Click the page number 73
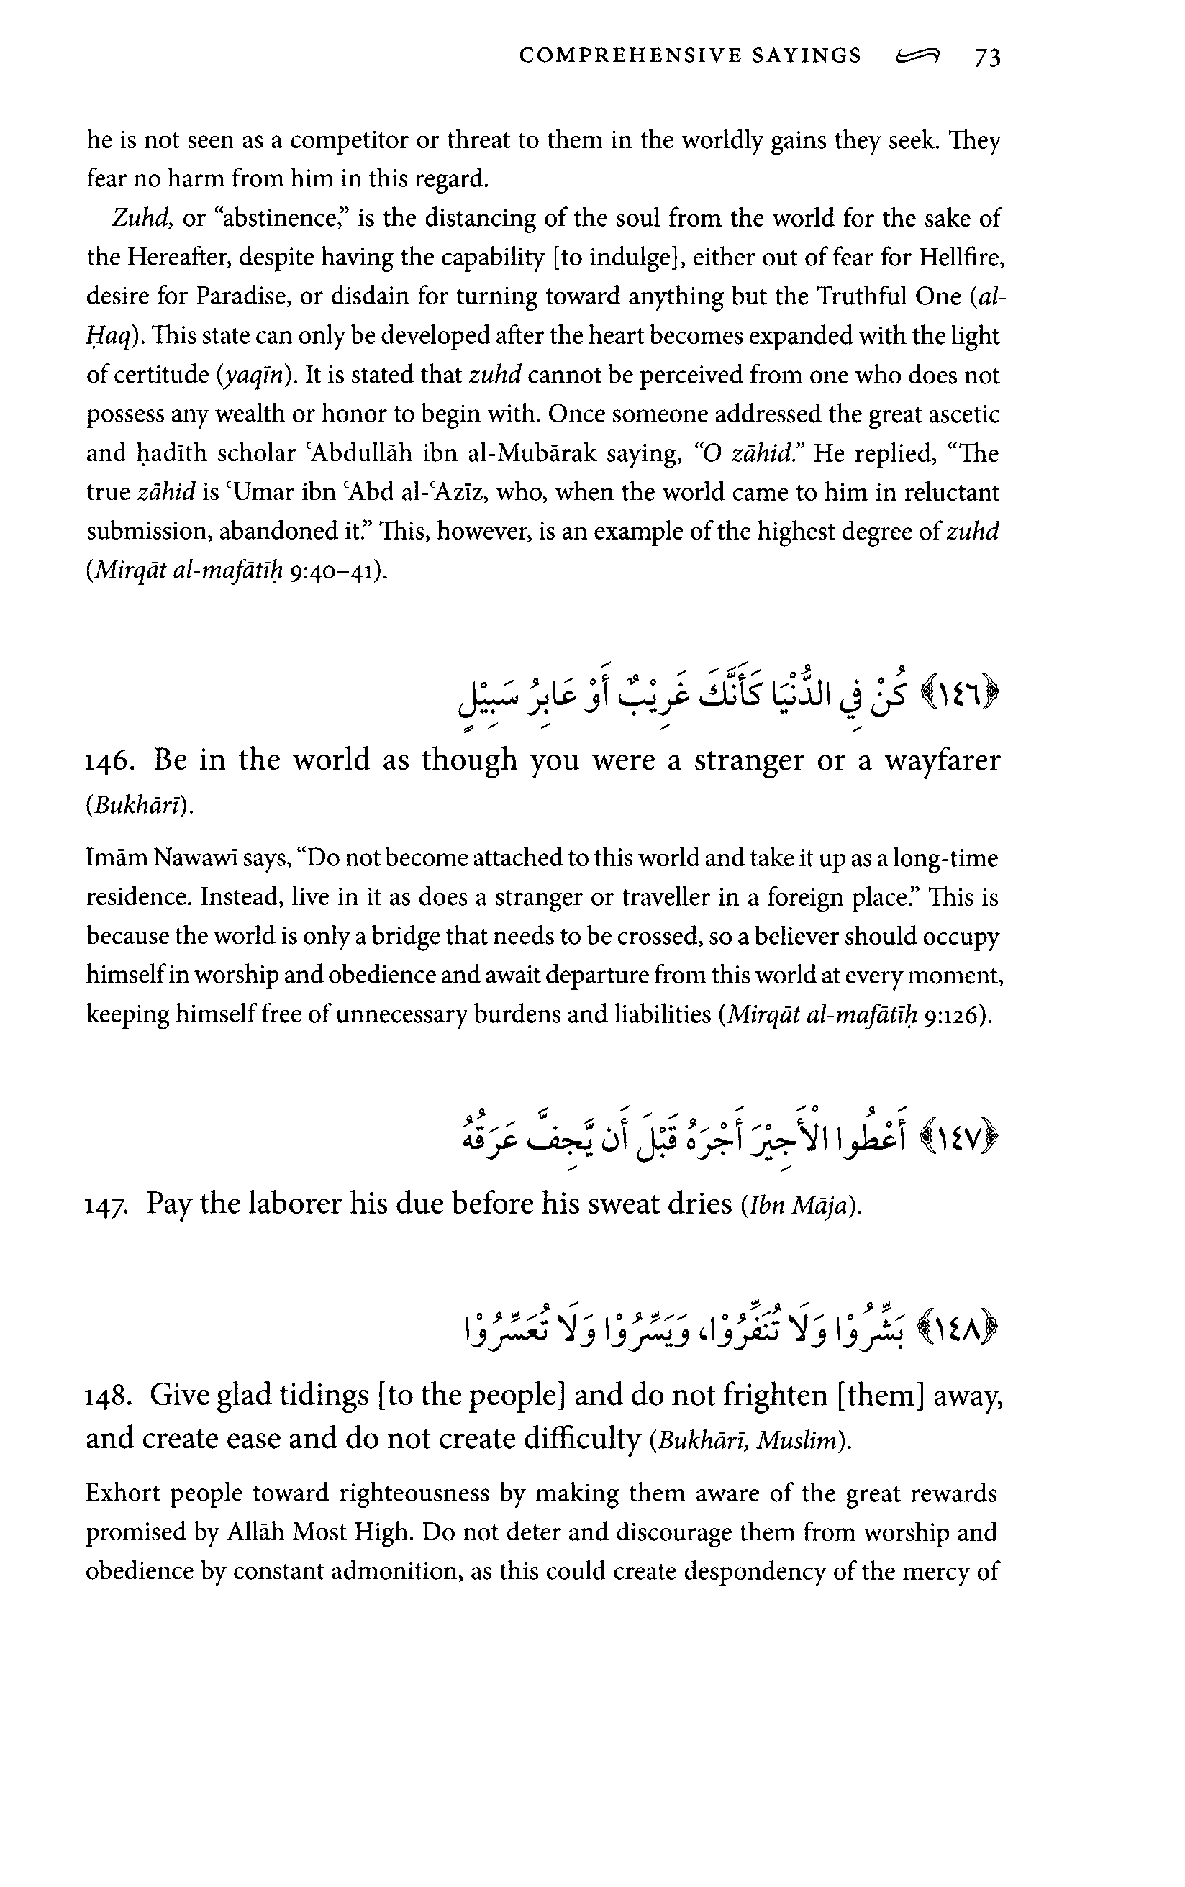tap(986, 58)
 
